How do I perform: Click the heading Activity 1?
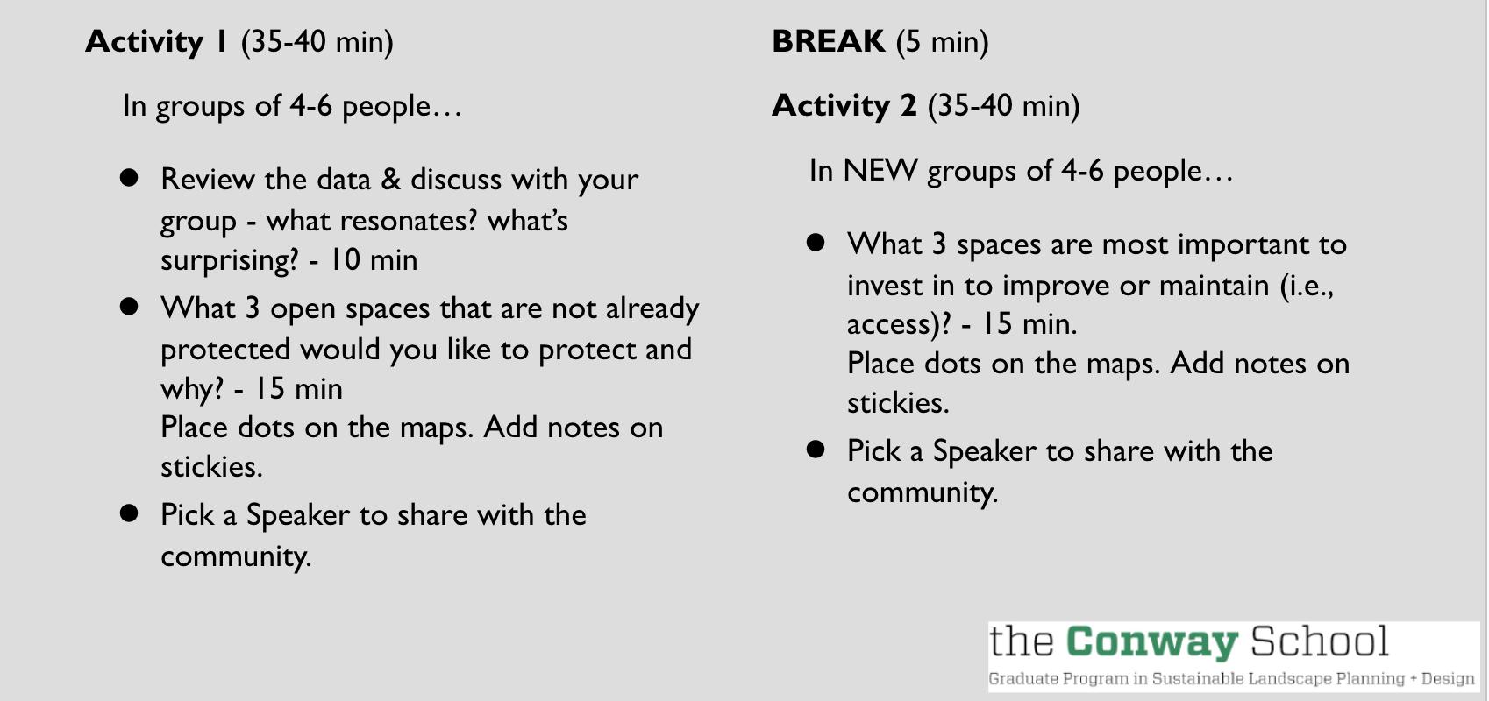tap(156, 42)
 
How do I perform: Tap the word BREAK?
tap(829, 42)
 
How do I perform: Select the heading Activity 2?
tap(844, 106)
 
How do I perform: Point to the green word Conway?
tap(1152, 642)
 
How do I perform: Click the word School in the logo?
tap(1320, 641)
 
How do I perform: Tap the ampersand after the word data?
tap(391, 180)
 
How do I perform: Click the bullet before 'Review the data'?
tap(129, 177)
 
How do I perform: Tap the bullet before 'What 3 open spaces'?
tap(129, 307)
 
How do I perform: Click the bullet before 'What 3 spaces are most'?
tap(816, 242)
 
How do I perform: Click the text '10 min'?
tap(374, 259)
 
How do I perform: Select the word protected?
tap(225, 350)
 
